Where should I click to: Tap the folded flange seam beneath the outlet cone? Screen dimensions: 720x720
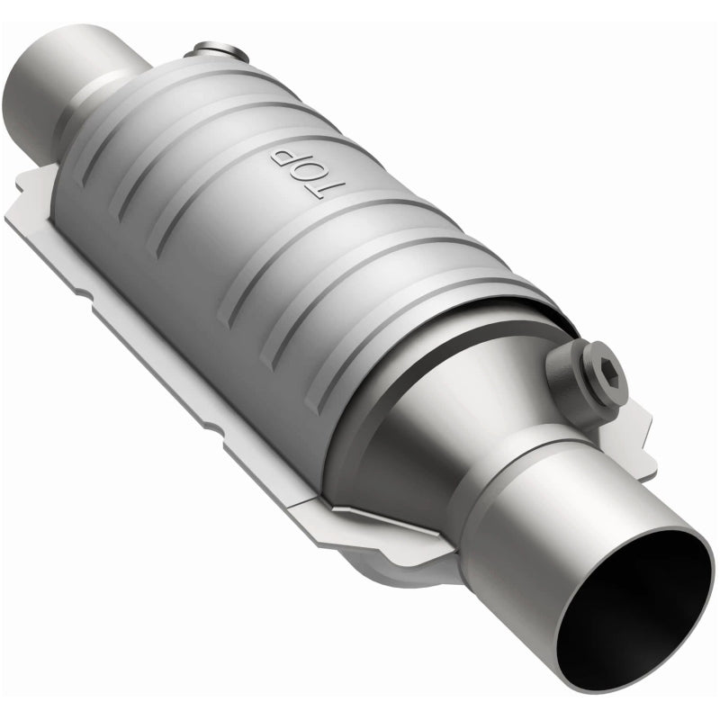pos(387,522)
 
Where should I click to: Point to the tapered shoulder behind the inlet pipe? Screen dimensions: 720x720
pos(126,99)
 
